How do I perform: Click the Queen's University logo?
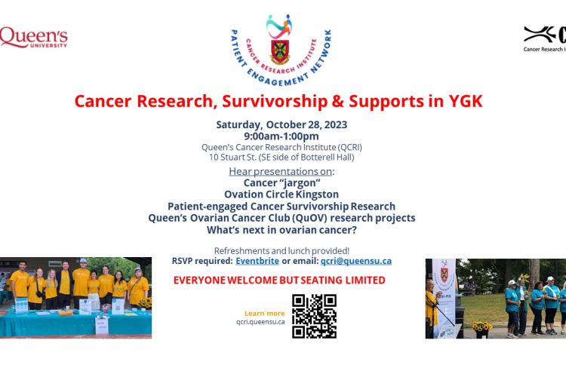coord(34,37)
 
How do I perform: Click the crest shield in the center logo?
coord(280,51)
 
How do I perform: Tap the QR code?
coord(314,316)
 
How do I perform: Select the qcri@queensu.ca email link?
coord(355,261)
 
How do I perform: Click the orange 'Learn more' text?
coord(265,313)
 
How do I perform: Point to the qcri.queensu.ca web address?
coord(260,322)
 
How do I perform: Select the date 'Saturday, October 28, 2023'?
coord(281,124)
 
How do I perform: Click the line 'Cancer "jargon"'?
coord(281,182)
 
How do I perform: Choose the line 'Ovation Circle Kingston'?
coord(281,194)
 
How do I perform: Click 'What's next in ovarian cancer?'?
coord(281,229)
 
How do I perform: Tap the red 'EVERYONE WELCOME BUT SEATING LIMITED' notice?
coord(279,280)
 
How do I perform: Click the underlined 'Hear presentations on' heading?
coord(280,171)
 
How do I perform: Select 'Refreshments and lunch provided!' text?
coord(281,250)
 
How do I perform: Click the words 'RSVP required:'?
coord(201,261)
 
